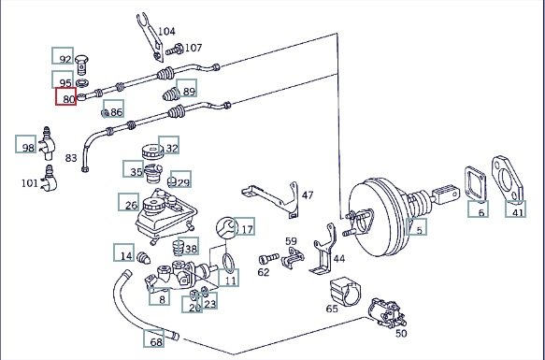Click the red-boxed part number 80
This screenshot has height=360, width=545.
(65, 96)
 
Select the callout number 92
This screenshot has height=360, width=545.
(63, 56)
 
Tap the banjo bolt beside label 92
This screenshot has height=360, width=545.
(81, 65)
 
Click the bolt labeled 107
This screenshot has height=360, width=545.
(175, 50)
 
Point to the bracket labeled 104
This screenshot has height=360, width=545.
(151, 36)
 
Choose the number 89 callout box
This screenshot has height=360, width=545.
(187, 88)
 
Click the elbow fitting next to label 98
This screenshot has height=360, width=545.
(48, 143)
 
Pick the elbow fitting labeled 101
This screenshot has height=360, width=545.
(49, 179)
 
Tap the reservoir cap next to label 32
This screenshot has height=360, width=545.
(152, 151)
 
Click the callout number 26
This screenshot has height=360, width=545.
(129, 202)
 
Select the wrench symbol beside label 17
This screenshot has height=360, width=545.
(227, 228)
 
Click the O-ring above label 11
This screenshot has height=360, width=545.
(228, 264)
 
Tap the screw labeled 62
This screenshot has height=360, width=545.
(268, 259)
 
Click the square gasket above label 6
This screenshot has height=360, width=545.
(476, 184)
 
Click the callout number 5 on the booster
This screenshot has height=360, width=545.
(417, 227)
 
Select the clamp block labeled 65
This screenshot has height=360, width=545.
(346, 292)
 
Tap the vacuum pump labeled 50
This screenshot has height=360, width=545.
(387, 312)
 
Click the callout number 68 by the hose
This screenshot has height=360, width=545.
(153, 338)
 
